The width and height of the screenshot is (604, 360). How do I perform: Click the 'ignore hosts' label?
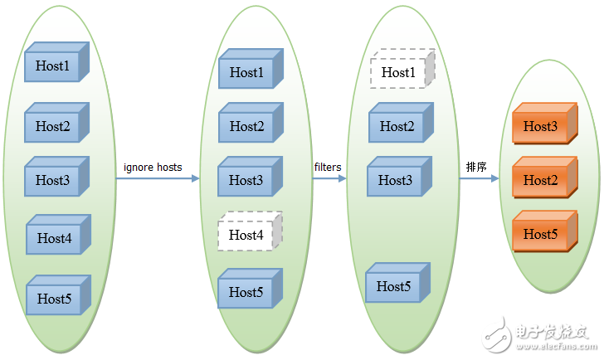(x=153, y=168)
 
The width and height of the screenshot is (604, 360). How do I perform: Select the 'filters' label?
(x=328, y=168)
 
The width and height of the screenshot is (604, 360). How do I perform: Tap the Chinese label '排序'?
(x=476, y=168)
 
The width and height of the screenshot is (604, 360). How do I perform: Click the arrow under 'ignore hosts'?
(x=158, y=178)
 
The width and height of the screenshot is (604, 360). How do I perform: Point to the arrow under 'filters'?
(x=329, y=178)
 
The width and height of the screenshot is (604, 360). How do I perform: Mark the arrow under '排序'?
(x=479, y=178)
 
